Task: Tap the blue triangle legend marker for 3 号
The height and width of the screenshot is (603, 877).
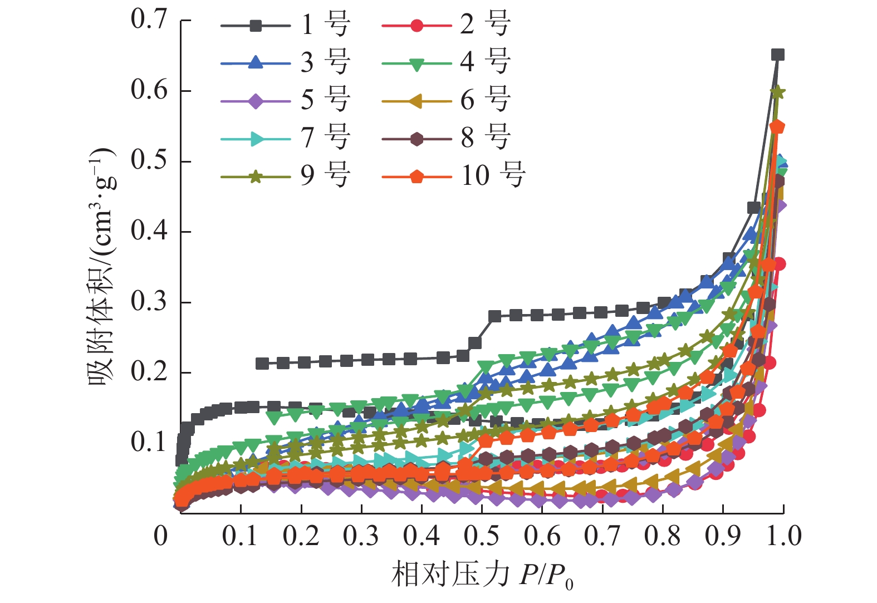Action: coord(256,63)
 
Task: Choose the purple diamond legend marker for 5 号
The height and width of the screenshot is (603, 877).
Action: coord(256,101)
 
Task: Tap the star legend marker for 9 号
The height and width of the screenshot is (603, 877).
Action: coord(256,177)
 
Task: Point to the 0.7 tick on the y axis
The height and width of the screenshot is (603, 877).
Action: coord(149,19)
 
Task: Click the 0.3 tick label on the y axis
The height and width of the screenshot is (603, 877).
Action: coord(149,302)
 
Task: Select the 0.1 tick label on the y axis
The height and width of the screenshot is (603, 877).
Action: coord(149,443)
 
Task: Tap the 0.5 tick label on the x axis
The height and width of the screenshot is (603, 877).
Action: coord(482,536)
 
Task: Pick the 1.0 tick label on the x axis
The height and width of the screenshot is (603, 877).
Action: coord(783,536)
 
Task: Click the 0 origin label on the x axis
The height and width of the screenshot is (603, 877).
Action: coord(161,536)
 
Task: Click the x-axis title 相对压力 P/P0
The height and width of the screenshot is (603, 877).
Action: coord(482,575)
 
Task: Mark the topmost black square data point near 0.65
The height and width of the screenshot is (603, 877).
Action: coord(778,55)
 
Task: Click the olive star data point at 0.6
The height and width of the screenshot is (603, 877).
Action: coord(778,92)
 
